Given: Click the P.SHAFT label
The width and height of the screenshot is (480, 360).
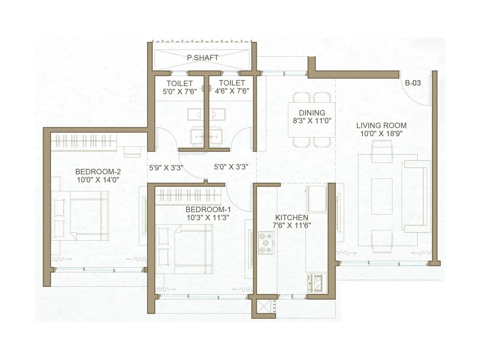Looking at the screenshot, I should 202,58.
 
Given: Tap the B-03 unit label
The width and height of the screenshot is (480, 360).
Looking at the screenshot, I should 413,83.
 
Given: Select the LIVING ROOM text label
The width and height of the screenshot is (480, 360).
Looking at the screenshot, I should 381,125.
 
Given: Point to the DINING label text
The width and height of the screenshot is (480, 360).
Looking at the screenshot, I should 312,113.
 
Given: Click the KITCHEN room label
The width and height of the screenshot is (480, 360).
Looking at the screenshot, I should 292,217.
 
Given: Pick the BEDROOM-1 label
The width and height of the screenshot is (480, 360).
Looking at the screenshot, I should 208,209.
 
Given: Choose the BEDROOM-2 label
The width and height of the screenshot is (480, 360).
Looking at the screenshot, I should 98,172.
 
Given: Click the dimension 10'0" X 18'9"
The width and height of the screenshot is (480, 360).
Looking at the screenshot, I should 381,134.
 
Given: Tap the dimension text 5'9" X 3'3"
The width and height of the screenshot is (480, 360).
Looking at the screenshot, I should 166,168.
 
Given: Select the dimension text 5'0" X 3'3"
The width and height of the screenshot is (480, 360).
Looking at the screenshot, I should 231,167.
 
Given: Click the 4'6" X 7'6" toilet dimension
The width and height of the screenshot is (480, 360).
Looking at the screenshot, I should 232,91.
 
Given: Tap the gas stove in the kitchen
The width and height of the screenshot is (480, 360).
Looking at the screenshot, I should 266,242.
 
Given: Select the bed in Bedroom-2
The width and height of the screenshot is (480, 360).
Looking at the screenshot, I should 80,215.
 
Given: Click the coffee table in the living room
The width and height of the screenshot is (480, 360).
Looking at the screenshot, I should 382,196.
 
